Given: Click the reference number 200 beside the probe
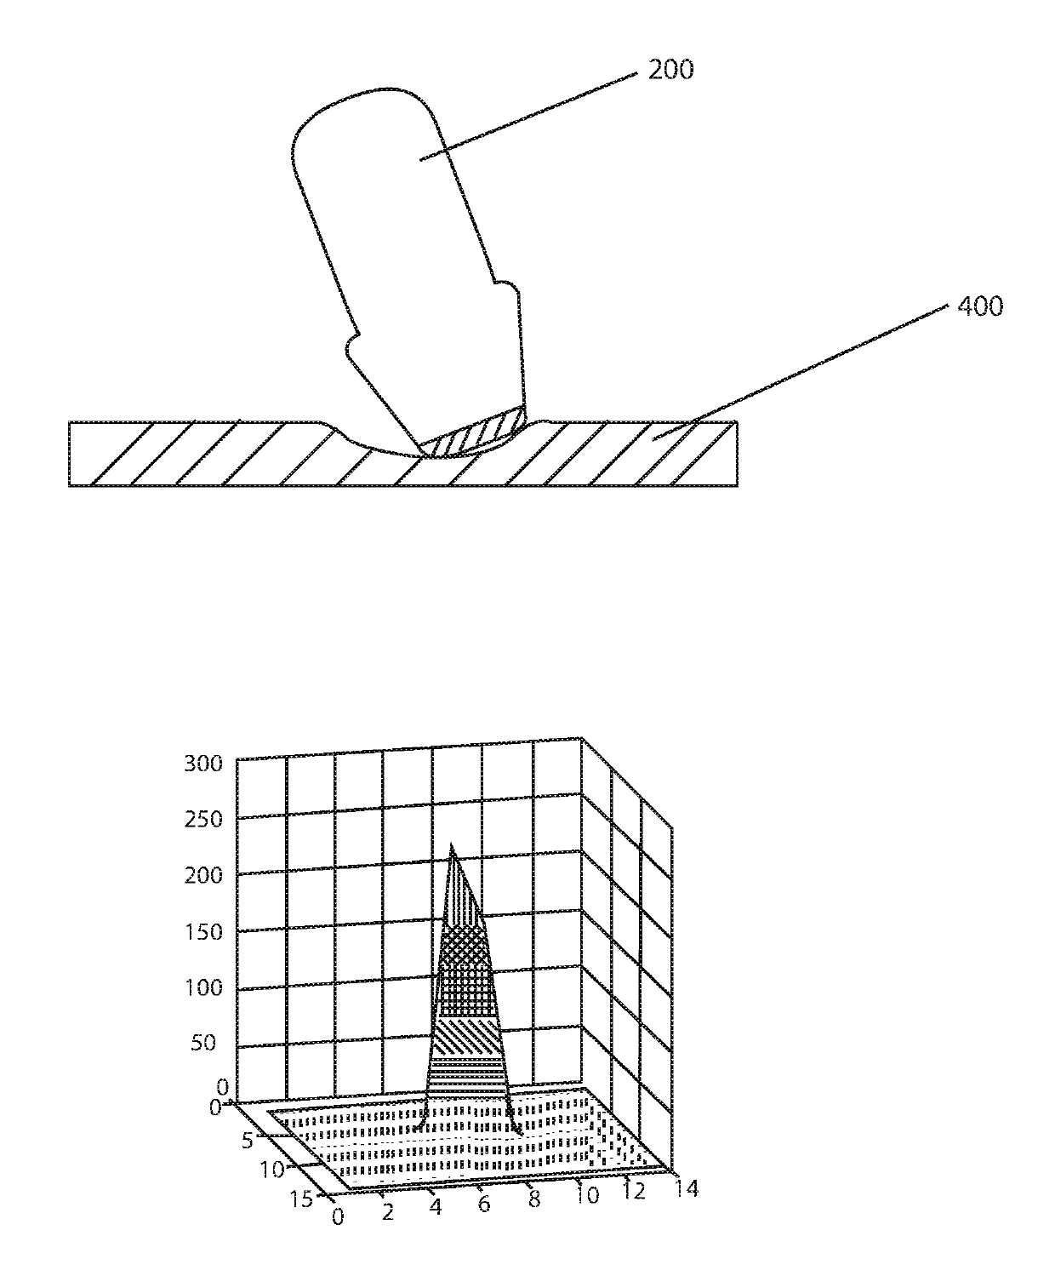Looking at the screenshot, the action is tap(670, 69).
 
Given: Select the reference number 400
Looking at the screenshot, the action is tap(980, 306).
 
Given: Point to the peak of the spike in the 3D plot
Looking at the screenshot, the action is tap(451, 844).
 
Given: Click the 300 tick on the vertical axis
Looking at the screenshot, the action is tap(203, 764).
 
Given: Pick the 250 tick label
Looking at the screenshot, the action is tap(203, 820).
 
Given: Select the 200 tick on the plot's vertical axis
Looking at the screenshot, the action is tap(203, 875).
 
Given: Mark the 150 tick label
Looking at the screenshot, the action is tap(203, 931).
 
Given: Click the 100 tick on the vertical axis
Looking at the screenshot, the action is tap(203, 987).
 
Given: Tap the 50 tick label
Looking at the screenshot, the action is tap(203, 1043).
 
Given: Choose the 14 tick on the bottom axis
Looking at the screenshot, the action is tap(685, 1187).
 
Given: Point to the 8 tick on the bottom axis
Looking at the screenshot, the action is tap(534, 1199).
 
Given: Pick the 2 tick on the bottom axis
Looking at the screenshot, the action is tap(388, 1212).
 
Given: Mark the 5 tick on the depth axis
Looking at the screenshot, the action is tap(248, 1141).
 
